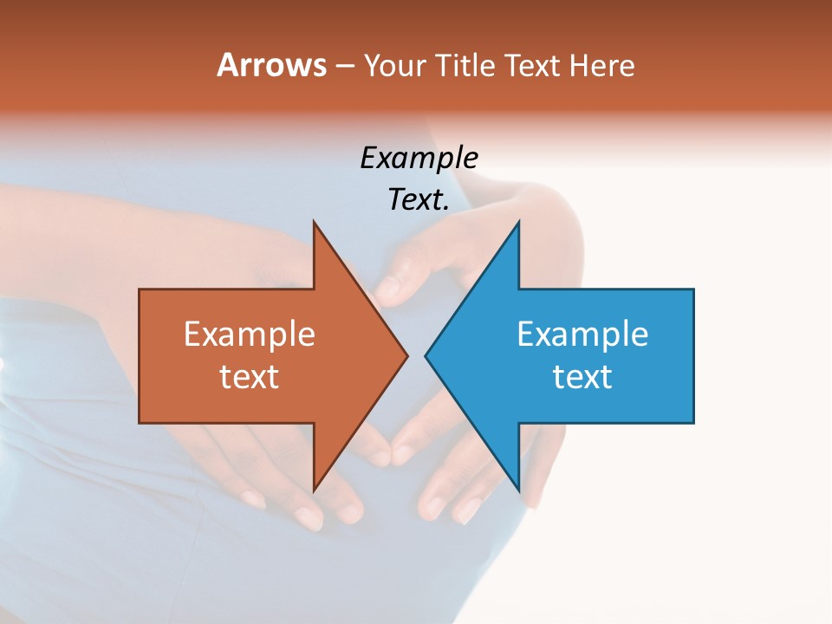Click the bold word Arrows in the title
pos(271,65)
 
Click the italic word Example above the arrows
pos(419,158)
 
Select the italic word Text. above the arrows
pos(419,199)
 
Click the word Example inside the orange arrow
pos(250,334)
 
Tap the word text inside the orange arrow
pos(250,376)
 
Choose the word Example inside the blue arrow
pos(582,334)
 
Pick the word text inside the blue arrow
pos(582,376)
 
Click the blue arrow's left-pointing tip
pos(426,355)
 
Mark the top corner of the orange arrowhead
pos(314,223)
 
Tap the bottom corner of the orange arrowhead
pos(314,490)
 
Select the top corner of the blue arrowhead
pos(518,223)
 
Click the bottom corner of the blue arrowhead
pos(518,490)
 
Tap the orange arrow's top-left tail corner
pos(140,290)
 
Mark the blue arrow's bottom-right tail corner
pos(692,422)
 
